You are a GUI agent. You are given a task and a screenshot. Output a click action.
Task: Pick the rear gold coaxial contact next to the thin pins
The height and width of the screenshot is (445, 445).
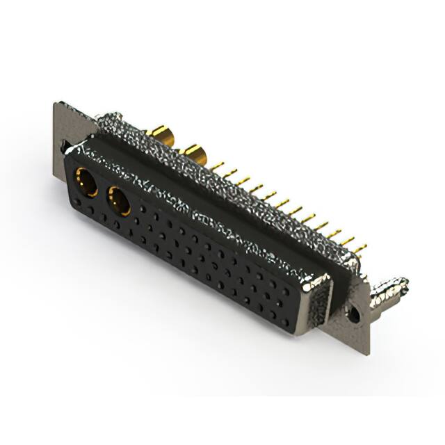(x=192, y=152)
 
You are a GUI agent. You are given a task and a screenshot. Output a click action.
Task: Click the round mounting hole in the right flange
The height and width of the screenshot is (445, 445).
(x=355, y=314)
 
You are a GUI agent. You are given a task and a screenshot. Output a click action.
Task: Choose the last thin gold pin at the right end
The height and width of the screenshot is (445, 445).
(x=359, y=248)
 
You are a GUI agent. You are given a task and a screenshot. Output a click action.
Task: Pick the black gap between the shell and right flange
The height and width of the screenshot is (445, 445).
(x=341, y=292)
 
